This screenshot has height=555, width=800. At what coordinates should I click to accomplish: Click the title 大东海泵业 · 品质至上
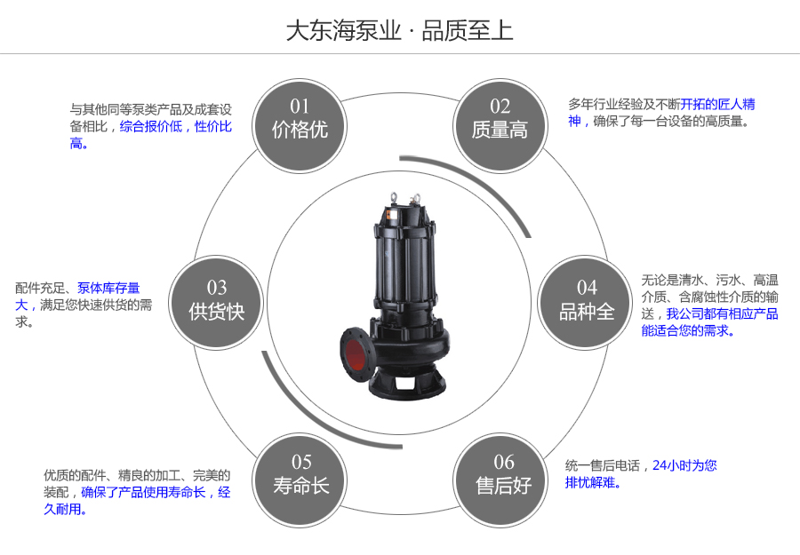point(399,31)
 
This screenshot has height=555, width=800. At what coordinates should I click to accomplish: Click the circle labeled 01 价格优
point(300,119)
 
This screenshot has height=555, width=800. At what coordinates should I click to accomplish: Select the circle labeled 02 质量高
point(500,119)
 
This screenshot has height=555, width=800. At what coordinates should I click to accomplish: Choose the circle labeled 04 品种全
point(587,300)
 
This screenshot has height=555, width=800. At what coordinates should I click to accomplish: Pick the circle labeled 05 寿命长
point(300,475)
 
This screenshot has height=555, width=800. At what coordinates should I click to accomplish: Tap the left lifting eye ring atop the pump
point(390,195)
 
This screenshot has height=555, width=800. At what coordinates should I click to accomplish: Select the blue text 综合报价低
point(150,126)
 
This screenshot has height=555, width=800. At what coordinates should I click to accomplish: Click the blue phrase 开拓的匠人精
point(717,104)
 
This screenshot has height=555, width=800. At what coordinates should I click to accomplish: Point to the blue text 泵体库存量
point(108,288)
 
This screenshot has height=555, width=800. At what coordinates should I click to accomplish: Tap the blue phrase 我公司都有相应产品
point(722,313)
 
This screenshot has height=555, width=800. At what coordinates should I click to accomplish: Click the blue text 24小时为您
point(684,465)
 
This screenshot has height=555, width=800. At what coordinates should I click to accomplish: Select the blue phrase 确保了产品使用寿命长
point(143,492)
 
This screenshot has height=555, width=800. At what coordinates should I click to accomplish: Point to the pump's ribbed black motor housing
point(408,258)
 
